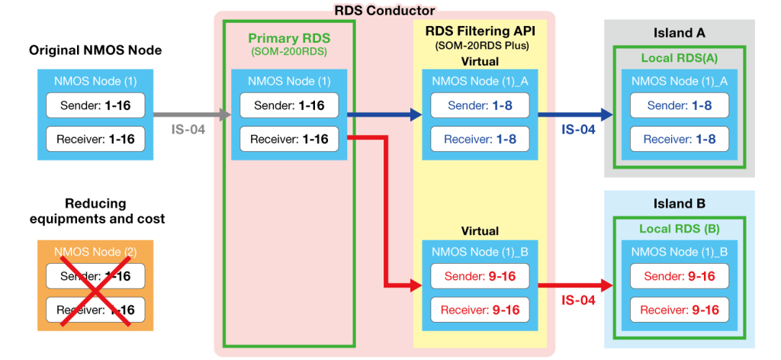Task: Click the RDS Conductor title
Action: point(384,11)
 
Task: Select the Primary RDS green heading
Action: point(288,38)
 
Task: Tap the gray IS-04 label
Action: point(187,130)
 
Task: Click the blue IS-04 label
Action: point(578,130)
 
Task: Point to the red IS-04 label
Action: point(578,301)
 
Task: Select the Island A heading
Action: point(679,34)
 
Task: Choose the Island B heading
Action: point(679,204)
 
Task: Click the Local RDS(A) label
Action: point(679,58)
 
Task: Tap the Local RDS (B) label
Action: point(679,229)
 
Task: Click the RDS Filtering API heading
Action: point(481,31)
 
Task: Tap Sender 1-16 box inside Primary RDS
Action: point(289,105)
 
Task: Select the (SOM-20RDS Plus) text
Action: point(481,46)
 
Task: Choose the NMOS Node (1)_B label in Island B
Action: point(679,252)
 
